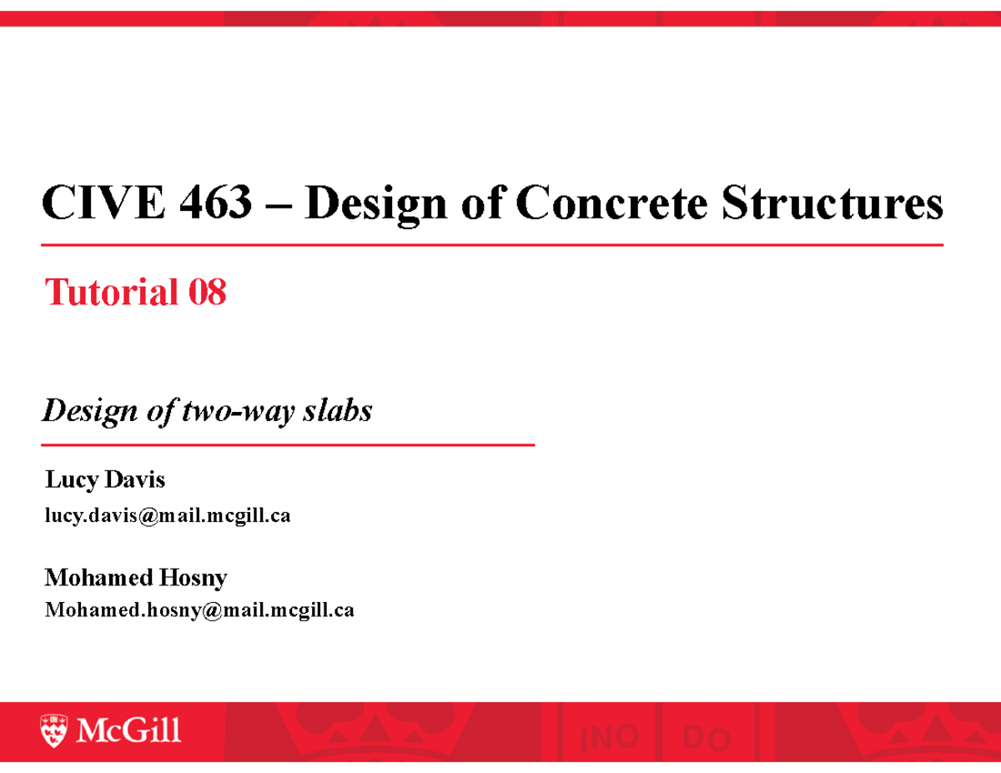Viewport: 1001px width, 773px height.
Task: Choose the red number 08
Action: [x=207, y=293]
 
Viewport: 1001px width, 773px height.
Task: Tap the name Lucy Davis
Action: [x=105, y=480]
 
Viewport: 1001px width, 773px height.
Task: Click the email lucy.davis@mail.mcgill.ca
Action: [x=168, y=517]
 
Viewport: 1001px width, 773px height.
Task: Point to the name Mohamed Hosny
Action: [x=136, y=577]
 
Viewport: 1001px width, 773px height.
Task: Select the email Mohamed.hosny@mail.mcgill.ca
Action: [x=199, y=611]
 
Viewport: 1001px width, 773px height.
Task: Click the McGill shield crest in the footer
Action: [x=54, y=730]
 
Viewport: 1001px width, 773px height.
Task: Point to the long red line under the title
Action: [x=492, y=245]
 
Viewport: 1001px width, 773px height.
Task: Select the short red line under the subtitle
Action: [x=288, y=445]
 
